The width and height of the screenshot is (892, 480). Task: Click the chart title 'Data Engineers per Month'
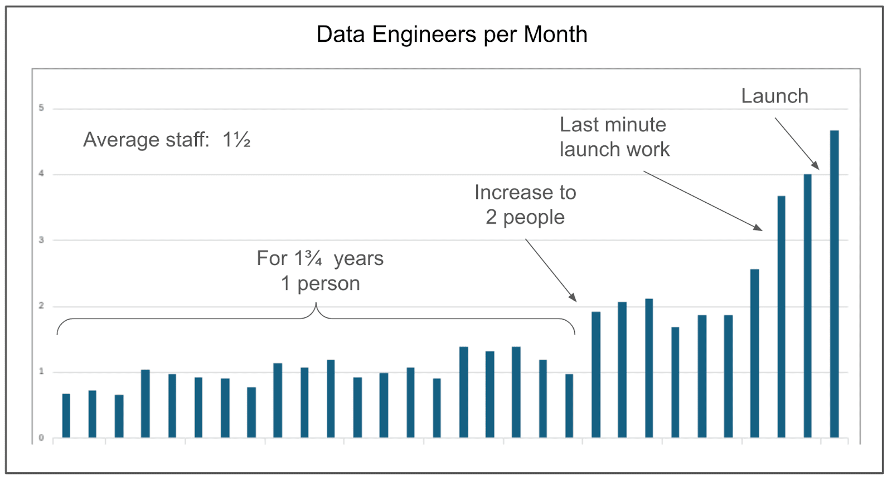coord(452,35)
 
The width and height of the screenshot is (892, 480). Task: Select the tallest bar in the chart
coord(834,284)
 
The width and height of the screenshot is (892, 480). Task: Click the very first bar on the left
coord(66,415)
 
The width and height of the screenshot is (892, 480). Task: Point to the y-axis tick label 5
coord(41,108)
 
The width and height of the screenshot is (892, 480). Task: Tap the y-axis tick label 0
coord(41,438)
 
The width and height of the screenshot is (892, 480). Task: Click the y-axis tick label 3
coord(41,240)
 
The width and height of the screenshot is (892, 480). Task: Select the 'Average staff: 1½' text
coord(167,140)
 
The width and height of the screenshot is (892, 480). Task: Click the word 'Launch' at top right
coord(774,96)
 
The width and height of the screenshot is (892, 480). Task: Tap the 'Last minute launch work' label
coord(614,137)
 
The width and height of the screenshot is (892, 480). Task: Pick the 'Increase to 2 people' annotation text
coord(525,204)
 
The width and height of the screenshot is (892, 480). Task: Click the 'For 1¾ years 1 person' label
coord(320,271)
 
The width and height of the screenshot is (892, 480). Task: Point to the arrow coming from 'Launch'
coord(797,143)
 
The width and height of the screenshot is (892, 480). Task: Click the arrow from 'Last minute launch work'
coord(702,200)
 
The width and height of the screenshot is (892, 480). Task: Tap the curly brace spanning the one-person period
coord(316,318)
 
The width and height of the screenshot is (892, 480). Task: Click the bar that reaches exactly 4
coord(807,306)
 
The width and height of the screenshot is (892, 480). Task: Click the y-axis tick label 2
coord(41,306)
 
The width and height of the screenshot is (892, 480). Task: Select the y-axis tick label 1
coord(41,371)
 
